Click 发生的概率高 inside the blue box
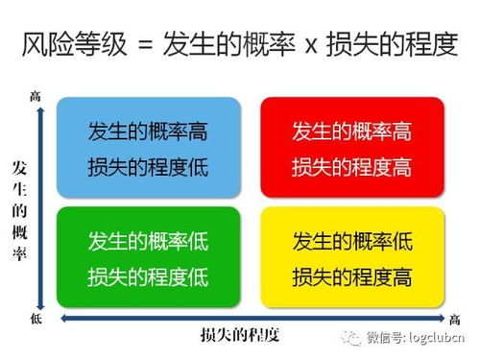coord(148,131)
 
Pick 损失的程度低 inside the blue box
coord(148,168)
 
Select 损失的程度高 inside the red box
coord(351,168)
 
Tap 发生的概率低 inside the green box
coord(148,240)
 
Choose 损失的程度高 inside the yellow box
coord(351,276)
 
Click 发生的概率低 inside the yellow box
coord(351,240)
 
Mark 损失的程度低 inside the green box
coord(148,276)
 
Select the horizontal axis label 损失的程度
coord(239,336)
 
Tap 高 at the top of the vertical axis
coord(36,95)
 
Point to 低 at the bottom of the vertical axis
coord(36,317)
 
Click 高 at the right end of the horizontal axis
coord(454,319)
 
